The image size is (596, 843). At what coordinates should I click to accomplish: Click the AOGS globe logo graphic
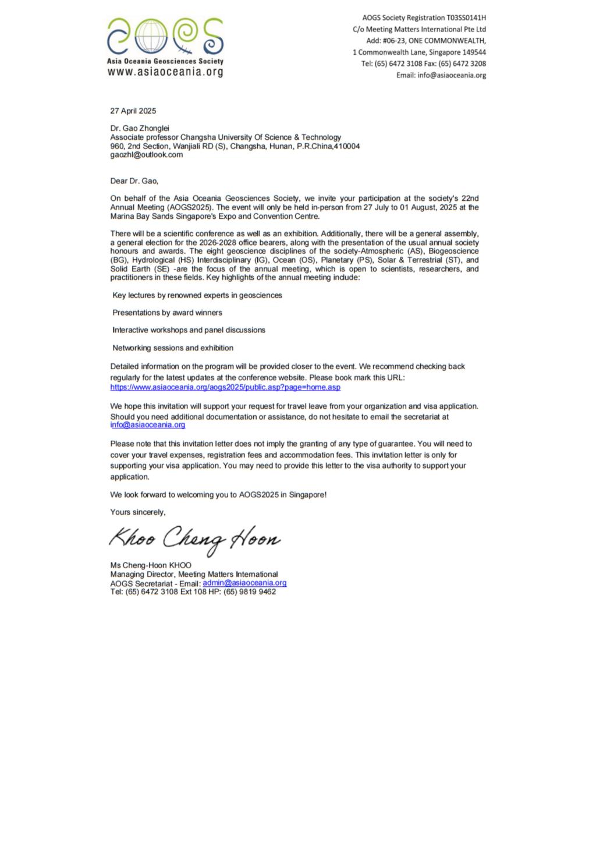(165, 36)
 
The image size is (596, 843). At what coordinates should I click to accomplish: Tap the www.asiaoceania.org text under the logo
(165, 72)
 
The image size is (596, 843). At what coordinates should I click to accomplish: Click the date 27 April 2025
(133, 111)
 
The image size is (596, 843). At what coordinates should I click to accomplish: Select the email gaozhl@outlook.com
(147, 155)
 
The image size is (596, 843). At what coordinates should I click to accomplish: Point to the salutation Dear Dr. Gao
(134, 181)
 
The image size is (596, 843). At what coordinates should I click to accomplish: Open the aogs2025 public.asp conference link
(225, 387)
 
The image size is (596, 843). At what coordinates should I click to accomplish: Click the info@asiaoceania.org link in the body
(148, 425)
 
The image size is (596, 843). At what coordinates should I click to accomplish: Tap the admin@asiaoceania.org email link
(244, 583)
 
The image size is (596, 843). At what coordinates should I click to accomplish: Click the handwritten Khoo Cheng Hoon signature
(195, 539)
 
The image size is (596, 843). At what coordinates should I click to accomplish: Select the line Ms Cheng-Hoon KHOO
(151, 565)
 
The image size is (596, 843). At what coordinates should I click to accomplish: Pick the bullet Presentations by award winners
(167, 313)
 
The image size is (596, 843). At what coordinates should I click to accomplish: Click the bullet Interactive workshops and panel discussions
(189, 330)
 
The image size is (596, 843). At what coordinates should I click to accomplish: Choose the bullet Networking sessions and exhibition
(173, 348)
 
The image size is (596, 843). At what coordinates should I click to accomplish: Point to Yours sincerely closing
(138, 512)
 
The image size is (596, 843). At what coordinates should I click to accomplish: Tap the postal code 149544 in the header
(474, 52)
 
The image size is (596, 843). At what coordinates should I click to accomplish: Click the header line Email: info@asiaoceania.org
(441, 75)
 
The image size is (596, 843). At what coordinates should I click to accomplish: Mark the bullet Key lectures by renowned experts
(197, 295)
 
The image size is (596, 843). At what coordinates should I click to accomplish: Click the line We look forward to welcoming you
(218, 495)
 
